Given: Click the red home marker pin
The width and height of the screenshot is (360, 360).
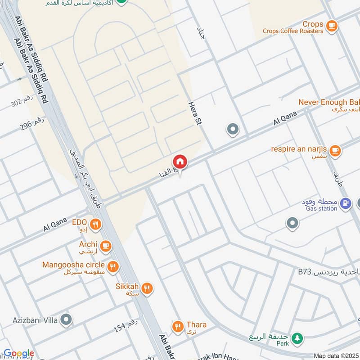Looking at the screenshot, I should click(x=180, y=162).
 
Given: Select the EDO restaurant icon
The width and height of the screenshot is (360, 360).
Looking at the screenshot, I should click(x=95, y=224).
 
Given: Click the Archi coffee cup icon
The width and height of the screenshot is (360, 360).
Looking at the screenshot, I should click(x=106, y=245).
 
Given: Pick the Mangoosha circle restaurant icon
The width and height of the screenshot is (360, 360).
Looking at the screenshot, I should click(x=112, y=266).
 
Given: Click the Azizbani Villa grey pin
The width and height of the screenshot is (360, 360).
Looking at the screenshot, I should click(x=66, y=320).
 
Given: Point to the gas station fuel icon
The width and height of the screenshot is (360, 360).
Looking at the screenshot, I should click(x=345, y=204).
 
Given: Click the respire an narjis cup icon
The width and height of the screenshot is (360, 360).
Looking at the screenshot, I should click(x=334, y=151).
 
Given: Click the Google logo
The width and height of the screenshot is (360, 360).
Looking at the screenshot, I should click(x=18, y=354).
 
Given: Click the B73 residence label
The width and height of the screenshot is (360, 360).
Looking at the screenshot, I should click(x=328, y=272).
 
